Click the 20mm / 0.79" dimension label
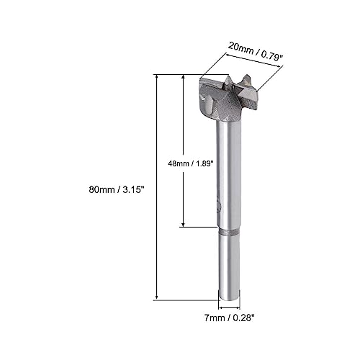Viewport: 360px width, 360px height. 256,55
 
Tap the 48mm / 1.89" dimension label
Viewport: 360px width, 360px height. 191,163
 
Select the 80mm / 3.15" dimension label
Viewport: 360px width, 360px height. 117,190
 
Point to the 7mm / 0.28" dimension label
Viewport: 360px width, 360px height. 229,318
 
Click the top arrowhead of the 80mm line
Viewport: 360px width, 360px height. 157,77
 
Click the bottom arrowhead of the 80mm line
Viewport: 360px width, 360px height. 157,297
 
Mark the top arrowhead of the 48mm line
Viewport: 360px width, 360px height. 184,77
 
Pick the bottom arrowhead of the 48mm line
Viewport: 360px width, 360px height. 184,225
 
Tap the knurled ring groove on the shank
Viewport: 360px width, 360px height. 229,232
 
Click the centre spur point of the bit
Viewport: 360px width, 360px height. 227,81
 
